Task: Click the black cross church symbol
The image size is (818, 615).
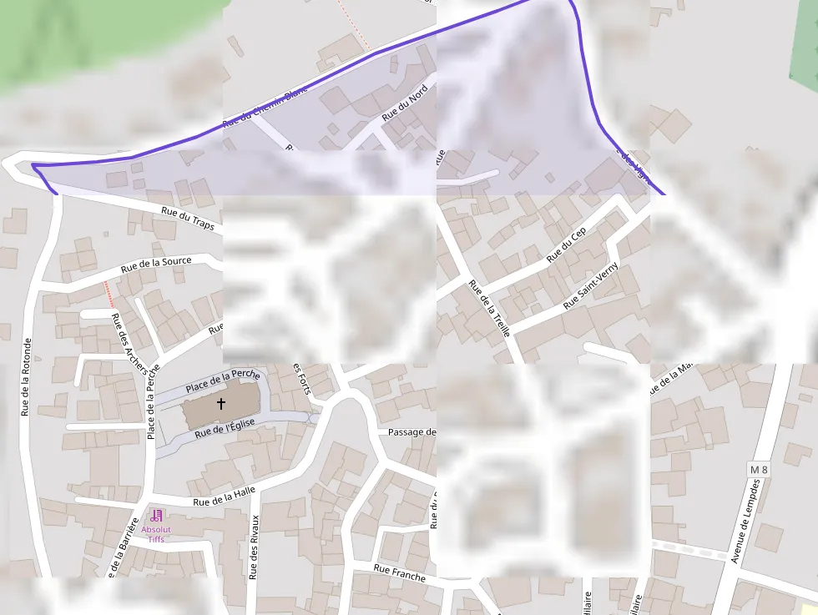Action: (x=221, y=404)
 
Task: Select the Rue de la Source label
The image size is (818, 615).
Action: (x=156, y=265)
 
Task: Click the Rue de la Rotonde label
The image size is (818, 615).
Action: (x=27, y=376)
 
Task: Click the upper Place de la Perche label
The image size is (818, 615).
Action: (x=222, y=381)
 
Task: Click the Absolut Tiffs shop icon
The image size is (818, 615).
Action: (x=157, y=516)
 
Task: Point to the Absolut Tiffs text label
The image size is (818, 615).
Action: (x=156, y=534)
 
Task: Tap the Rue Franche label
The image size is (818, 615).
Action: (x=399, y=573)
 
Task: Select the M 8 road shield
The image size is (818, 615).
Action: (x=758, y=471)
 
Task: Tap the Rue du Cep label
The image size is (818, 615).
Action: (x=567, y=245)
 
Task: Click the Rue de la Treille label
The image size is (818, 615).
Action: (x=489, y=308)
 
